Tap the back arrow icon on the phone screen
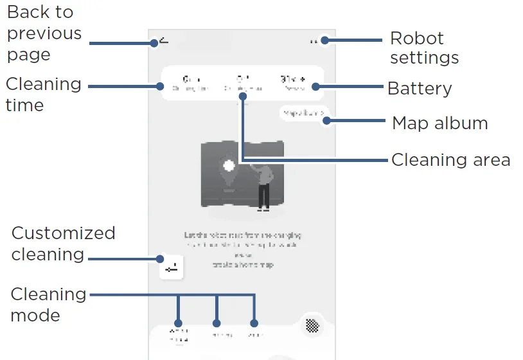(164, 41)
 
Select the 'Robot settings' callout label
(424, 48)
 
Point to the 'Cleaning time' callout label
(43, 94)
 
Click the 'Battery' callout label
(420, 89)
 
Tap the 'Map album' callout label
(439, 123)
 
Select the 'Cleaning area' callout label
(450, 159)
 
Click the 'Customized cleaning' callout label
(63, 243)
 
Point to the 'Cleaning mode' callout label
(48, 304)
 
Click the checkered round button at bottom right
(312, 325)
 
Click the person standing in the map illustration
(263, 186)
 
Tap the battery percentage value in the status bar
(293, 80)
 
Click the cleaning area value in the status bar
(242, 80)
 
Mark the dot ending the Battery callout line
(316, 86)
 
